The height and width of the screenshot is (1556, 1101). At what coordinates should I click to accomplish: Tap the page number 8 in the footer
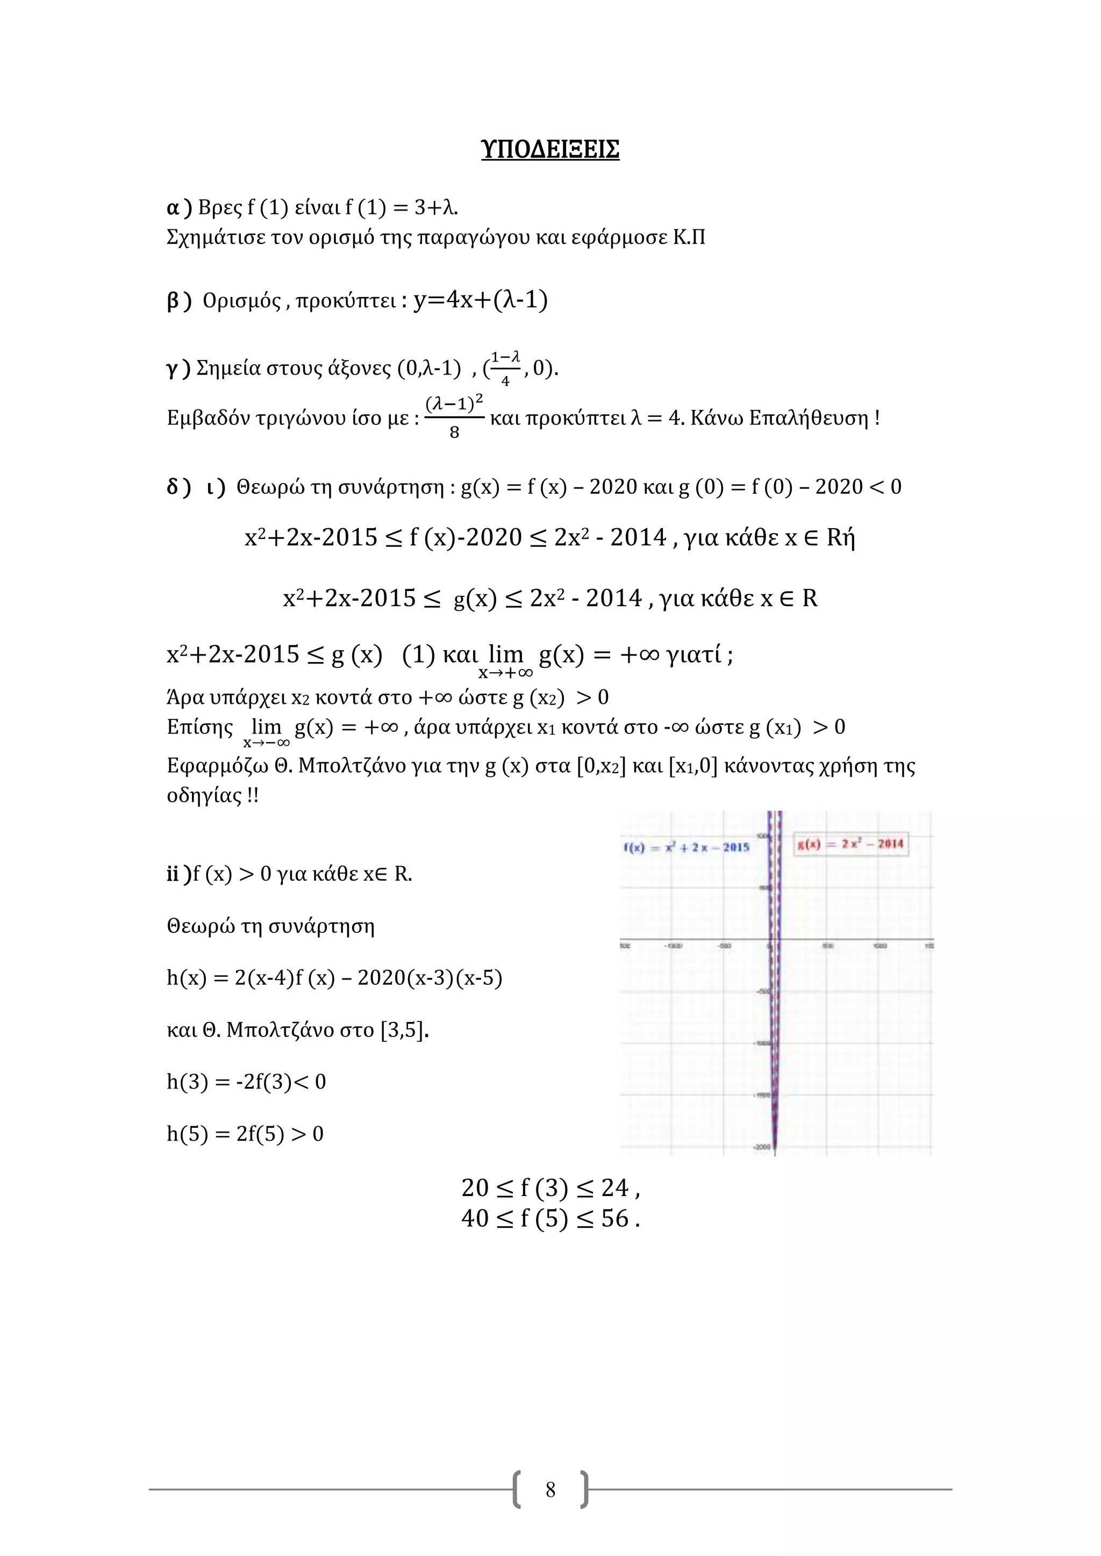(550, 1489)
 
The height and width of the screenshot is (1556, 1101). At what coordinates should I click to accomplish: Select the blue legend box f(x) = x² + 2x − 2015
(686, 847)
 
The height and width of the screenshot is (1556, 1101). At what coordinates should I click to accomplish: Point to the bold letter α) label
(179, 207)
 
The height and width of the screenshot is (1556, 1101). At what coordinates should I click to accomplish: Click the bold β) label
(179, 300)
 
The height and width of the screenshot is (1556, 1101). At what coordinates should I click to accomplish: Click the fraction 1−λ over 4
(505, 368)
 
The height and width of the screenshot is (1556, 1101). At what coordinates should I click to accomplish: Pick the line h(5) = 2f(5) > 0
(245, 1133)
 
